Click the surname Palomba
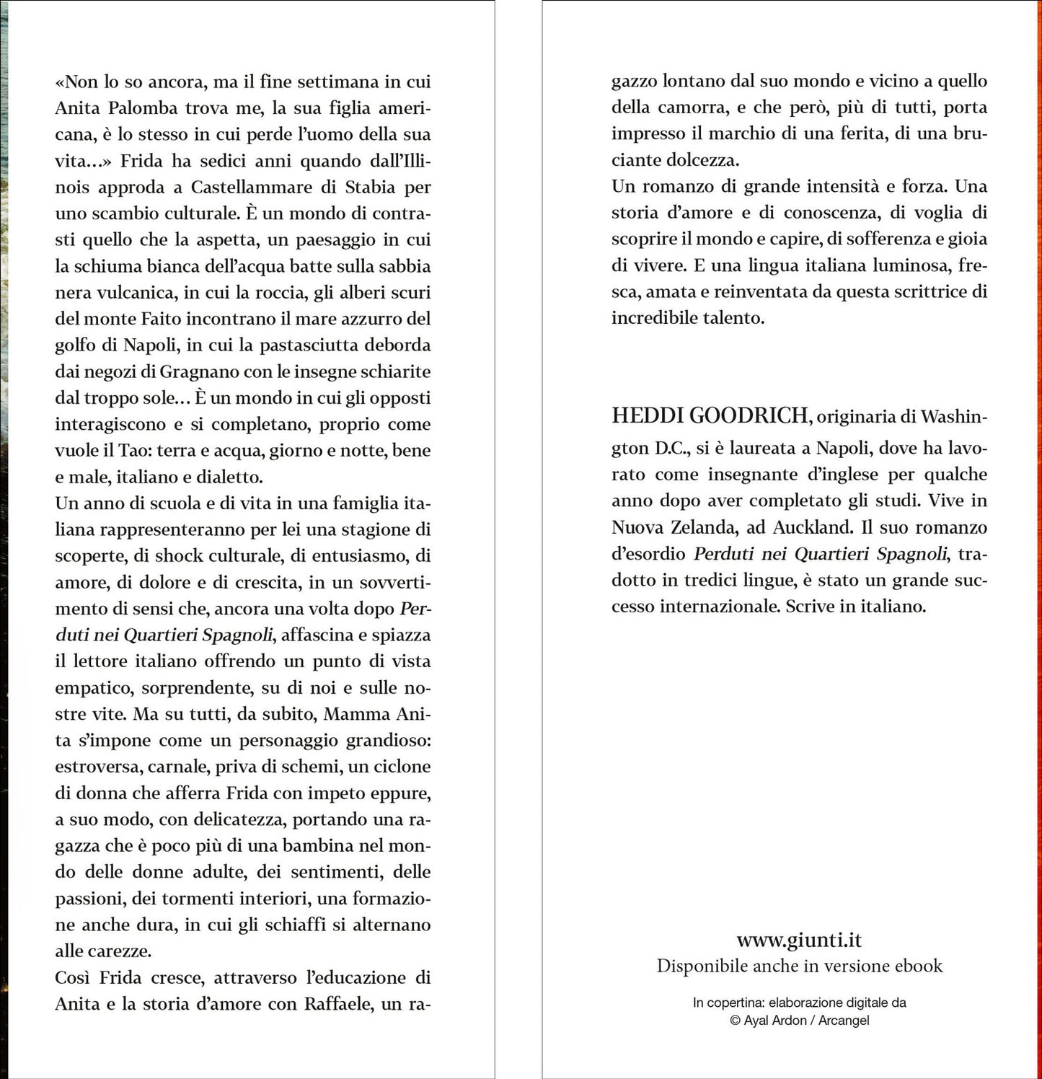point(144,108)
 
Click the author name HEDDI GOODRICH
point(710,415)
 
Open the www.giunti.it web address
point(799,940)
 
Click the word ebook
point(918,966)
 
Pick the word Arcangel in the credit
point(844,1021)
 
